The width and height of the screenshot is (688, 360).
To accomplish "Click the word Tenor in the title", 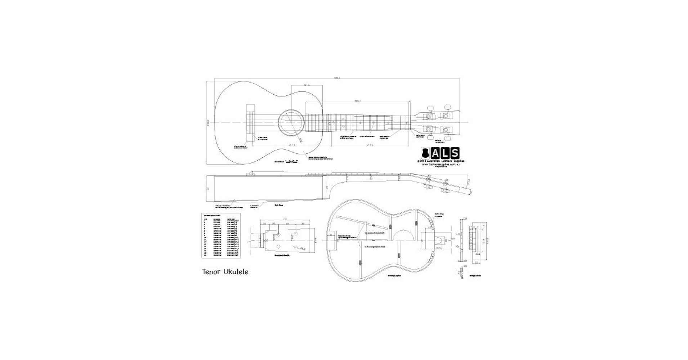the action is coord(211,272).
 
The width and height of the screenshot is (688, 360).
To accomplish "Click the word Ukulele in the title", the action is coord(236,272).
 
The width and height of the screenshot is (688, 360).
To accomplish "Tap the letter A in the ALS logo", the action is coord(435,153).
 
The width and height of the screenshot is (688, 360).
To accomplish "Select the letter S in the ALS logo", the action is coord(454,153).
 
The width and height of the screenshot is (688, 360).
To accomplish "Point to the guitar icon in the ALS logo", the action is coord(426,153).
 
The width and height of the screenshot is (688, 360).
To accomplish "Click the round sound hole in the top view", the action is coord(291,123).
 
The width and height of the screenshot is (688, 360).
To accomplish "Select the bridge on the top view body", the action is coord(250,123).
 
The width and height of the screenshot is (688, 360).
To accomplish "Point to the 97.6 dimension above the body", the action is coord(307,85).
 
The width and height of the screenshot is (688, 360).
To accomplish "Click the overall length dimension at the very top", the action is coord(337,77).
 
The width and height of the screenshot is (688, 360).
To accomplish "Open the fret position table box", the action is coord(221,235).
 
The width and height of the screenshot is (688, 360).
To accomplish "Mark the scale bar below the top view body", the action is coord(291,162).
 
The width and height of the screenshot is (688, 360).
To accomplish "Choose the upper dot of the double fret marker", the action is coord(343,119).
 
